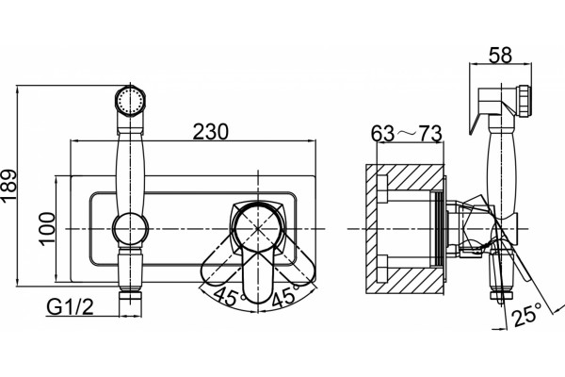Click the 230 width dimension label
click(x=211, y=131)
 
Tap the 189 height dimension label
click(x=8, y=185)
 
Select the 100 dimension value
click(x=47, y=229)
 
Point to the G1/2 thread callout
click(x=70, y=307)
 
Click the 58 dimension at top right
click(x=500, y=56)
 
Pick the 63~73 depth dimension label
click(x=407, y=133)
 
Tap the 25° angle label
click(x=527, y=315)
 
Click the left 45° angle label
click(x=229, y=297)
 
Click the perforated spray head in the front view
click(x=130, y=100)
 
